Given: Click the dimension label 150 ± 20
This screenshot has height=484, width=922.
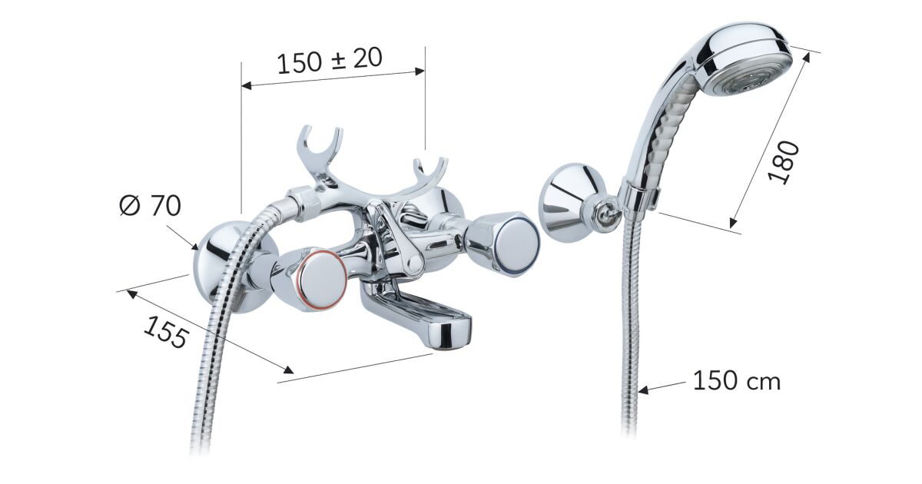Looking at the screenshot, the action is pos(330,61).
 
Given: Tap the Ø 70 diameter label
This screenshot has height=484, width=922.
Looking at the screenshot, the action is pos(151,205).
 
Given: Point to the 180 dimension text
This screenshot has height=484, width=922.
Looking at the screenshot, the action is pos(783,163).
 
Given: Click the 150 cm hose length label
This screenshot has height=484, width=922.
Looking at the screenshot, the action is pos(737,381).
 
